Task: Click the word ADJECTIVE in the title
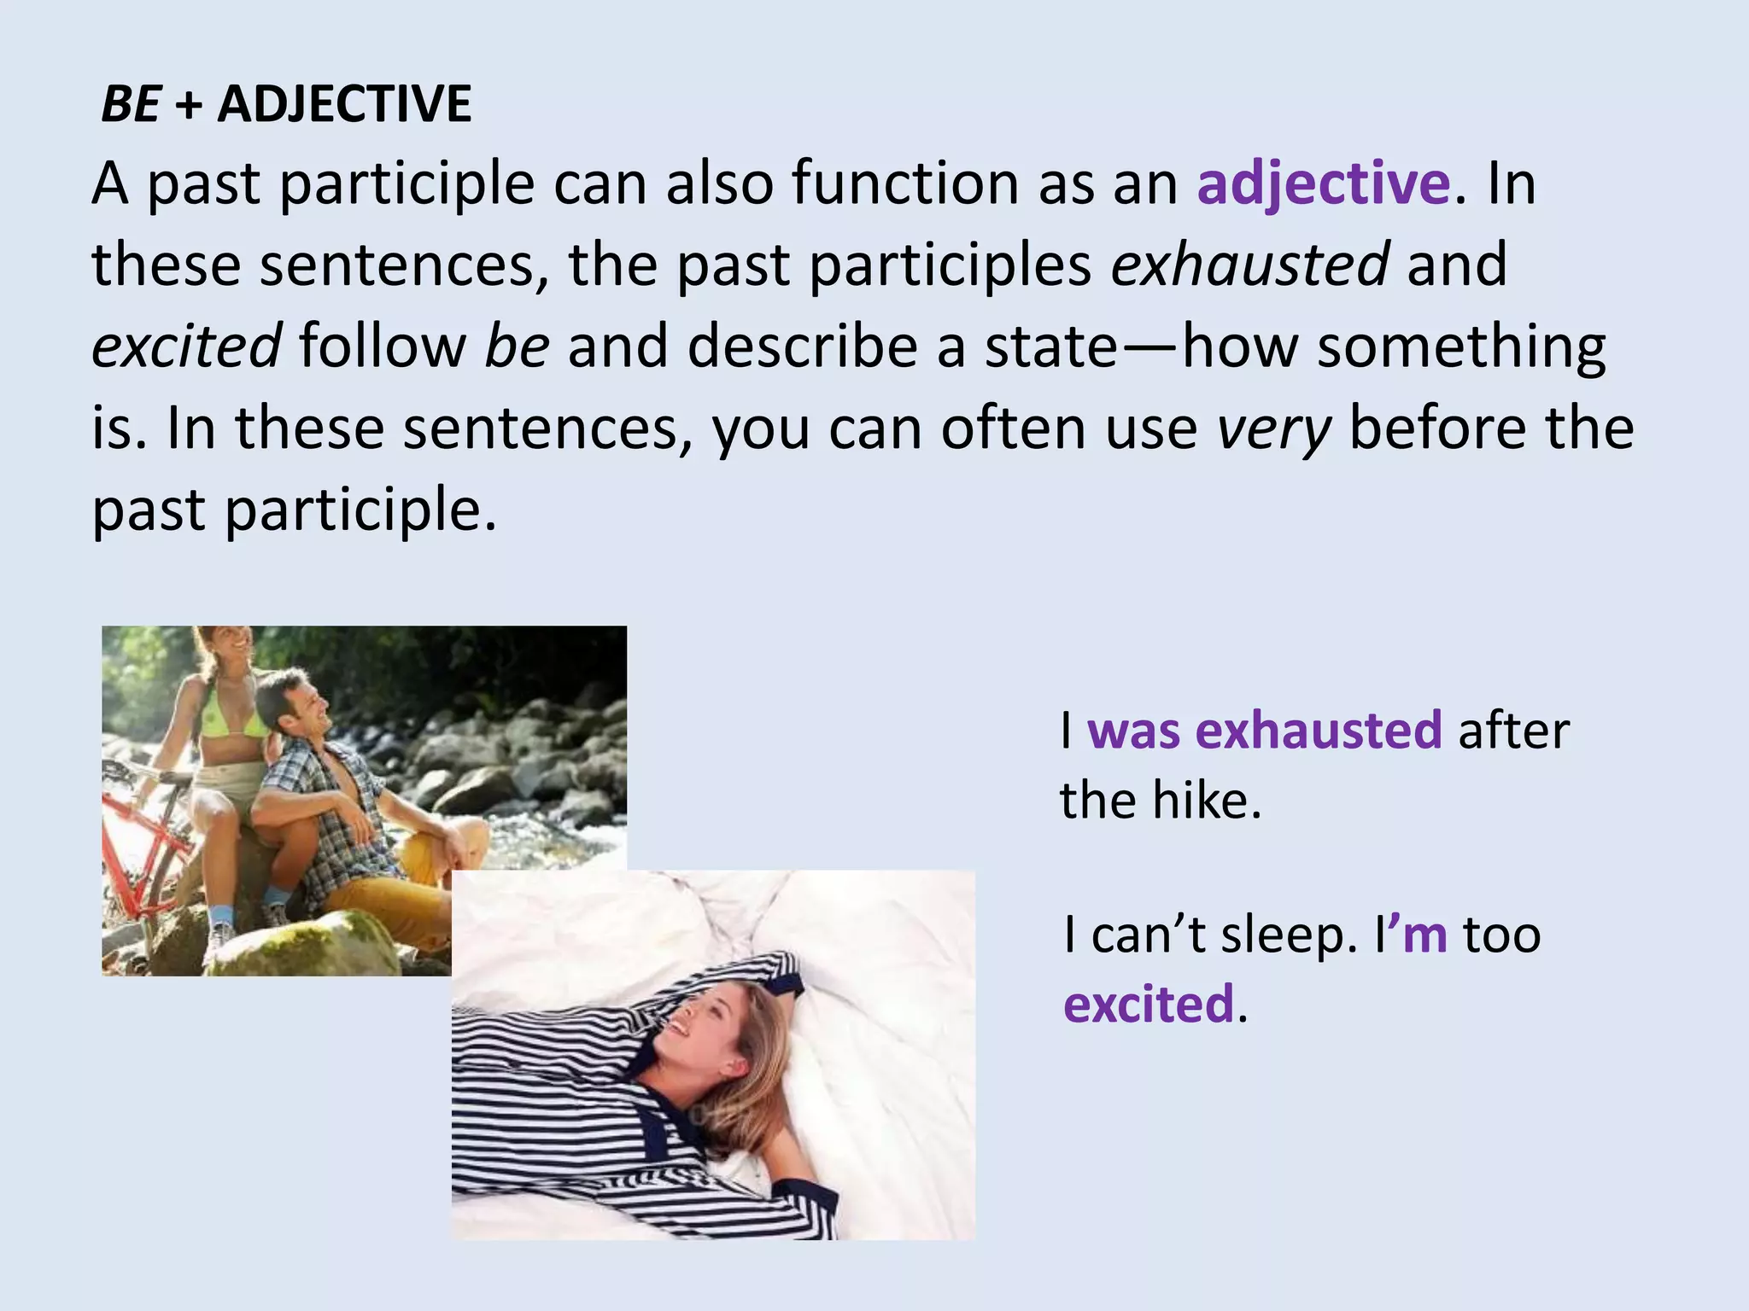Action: pos(344,104)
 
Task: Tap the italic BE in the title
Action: pos(130,104)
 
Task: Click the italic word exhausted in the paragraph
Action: pos(1249,264)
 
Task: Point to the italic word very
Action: pos(1273,428)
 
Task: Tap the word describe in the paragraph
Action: pos(802,347)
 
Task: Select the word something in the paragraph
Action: pos(1461,347)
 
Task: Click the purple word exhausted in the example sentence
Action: pos(1319,731)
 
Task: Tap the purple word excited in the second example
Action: pos(1149,1004)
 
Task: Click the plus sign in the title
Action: pos(188,106)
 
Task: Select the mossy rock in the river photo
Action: pos(307,943)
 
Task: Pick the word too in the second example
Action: pos(1502,935)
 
